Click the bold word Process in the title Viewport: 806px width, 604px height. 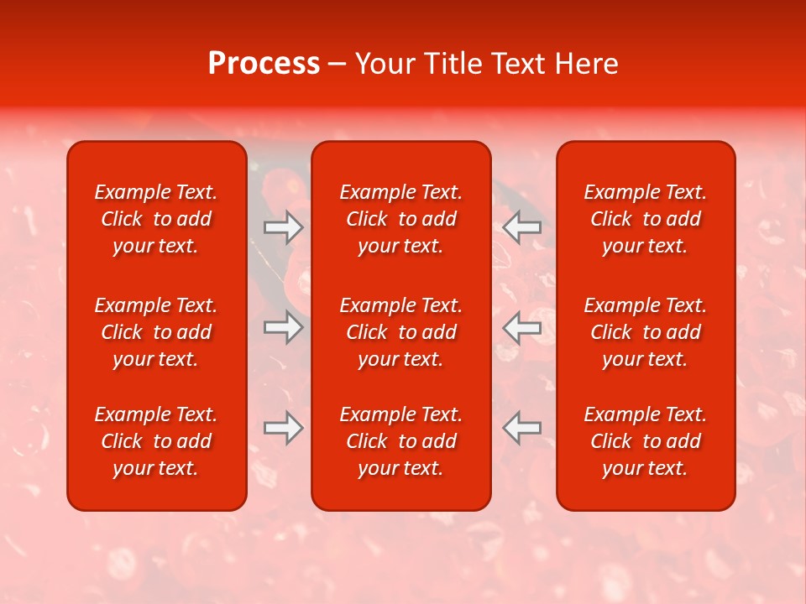(264, 64)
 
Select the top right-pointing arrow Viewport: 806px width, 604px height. (283, 227)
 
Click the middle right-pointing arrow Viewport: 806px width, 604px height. (283, 327)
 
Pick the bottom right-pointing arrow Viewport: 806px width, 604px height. (283, 428)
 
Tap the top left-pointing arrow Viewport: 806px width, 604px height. (521, 227)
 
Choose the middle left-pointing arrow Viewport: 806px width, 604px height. (521, 327)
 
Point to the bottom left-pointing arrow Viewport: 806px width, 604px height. (521, 428)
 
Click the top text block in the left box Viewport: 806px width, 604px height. (156, 219)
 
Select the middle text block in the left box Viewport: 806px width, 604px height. (156, 332)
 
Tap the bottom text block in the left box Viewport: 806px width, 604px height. (156, 441)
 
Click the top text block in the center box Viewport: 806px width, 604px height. (400, 219)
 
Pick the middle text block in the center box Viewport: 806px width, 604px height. (400, 332)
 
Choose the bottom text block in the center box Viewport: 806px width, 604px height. (400, 441)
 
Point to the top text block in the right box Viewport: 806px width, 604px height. (646, 219)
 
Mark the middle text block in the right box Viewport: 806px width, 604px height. (646, 332)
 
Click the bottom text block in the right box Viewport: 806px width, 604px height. (646, 441)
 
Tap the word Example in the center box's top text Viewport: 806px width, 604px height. (376, 192)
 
